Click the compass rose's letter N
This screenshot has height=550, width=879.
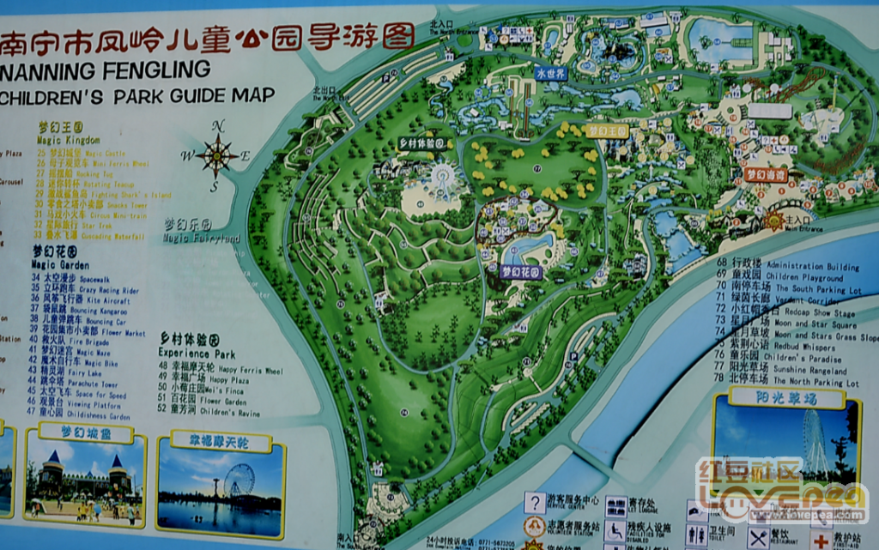(x=218, y=126)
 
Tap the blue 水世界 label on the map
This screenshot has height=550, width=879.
(x=550, y=73)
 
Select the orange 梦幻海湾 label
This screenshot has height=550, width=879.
(x=766, y=174)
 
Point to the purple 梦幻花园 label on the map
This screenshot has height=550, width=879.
(x=522, y=271)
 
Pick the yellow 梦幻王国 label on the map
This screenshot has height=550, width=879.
(x=608, y=130)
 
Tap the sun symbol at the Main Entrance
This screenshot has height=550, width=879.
(x=776, y=221)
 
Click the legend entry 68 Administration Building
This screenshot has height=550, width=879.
(x=788, y=265)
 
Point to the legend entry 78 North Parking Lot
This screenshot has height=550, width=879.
(x=788, y=382)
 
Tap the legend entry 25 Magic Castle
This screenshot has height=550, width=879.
(x=82, y=153)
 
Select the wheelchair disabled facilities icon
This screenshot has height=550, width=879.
(x=615, y=530)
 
